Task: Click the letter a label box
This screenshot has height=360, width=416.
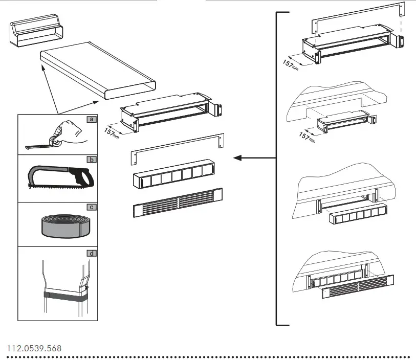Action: pos(92,120)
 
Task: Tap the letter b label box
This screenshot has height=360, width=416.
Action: pos(92,160)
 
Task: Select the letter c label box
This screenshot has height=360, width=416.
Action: pos(92,207)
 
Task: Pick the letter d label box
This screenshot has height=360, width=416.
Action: pos(92,253)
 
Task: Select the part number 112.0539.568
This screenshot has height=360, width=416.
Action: pos(34,348)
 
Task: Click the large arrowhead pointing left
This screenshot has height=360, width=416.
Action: pos(238,158)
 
